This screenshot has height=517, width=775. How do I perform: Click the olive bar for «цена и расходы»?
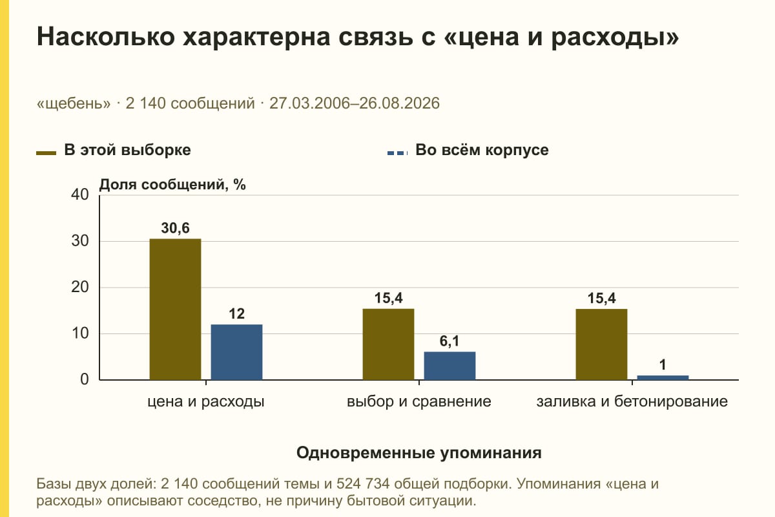175,309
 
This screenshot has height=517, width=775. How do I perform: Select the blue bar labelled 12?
236,352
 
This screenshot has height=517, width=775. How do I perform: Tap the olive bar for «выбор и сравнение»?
388,344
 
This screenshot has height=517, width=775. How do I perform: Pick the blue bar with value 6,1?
449,366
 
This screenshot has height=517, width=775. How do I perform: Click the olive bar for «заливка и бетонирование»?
601,344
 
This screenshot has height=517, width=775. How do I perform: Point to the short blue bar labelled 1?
663,377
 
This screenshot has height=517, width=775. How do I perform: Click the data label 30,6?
176,228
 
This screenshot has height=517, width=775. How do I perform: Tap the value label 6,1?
449,341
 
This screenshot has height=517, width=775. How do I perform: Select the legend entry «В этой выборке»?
114,151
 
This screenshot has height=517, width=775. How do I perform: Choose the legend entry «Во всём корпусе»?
468,151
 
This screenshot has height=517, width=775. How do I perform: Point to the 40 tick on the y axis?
80,195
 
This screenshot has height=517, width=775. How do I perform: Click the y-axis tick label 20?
80,287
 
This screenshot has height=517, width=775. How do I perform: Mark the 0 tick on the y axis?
85,379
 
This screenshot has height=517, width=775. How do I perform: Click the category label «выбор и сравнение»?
419,401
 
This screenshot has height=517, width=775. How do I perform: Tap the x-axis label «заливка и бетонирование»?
632,401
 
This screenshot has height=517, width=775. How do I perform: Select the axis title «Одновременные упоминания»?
419,453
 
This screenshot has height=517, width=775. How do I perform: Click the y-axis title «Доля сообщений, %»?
172,185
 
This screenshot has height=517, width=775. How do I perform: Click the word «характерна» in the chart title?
256,37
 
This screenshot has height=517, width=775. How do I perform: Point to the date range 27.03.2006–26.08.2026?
355,103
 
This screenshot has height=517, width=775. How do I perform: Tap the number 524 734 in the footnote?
363,484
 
